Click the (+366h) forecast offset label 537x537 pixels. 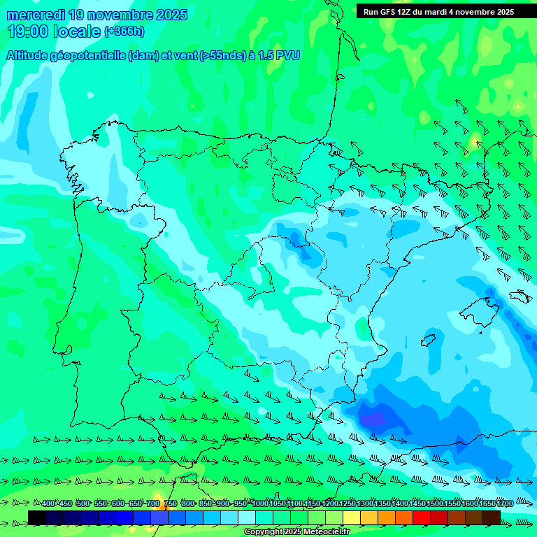click(x=124, y=31)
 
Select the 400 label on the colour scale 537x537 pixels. click(x=48, y=503)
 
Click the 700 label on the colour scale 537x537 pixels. click(x=153, y=503)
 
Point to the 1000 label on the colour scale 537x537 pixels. click(x=260, y=503)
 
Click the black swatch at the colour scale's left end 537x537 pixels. click(x=37, y=517)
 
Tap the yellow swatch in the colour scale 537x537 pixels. click(x=352, y=517)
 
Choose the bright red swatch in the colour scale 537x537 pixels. click(x=422, y=517)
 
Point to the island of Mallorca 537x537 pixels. click(x=483, y=308)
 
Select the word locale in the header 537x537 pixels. click(x=76, y=31)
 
